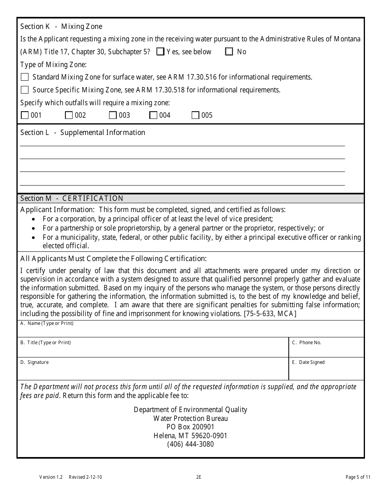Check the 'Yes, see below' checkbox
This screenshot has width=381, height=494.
click(160, 51)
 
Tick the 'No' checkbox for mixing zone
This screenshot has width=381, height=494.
click(229, 51)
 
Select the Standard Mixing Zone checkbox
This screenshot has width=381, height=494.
click(24, 77)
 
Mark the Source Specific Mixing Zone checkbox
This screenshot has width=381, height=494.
click(24, 90)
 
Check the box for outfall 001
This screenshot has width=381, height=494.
click(24, 115)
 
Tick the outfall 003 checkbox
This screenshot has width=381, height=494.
click(113, 115)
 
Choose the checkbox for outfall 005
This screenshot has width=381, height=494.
click(195, 115)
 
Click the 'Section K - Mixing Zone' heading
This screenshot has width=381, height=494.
click(61, 27)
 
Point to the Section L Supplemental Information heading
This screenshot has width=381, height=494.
click(83, 133)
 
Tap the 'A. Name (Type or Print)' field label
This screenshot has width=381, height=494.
click(47, 323)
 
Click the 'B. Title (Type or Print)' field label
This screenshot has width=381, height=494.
click(45, 343)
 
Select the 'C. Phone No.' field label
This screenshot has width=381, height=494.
click(306, 343)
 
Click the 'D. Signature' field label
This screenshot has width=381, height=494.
click(34, 362)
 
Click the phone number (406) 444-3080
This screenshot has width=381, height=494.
click(190, 444)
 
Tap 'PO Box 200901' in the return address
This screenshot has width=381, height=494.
click(190, 427)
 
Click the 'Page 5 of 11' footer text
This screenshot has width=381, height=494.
click(358, 477)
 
